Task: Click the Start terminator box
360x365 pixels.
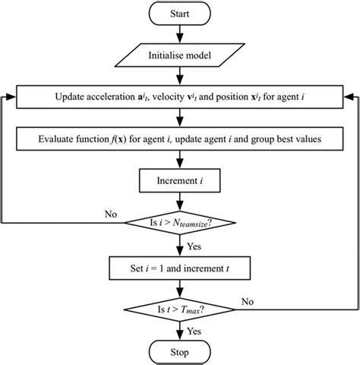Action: [x=180, y=14]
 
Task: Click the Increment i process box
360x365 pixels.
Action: [x=180, y=182]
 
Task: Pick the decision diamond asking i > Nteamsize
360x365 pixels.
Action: [x=180, y=224]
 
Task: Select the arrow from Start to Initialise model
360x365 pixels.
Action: [x=180, y=35]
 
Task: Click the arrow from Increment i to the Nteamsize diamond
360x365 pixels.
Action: [x=180, y=201]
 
